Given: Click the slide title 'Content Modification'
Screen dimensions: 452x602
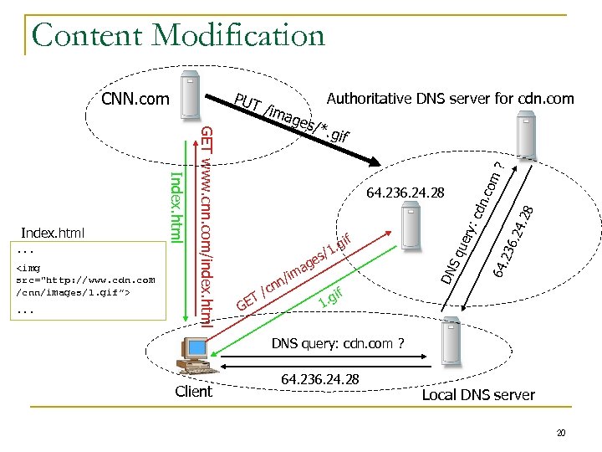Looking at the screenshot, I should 177,35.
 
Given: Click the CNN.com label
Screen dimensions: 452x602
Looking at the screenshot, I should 135,100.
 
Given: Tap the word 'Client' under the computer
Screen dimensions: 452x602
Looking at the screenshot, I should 193,392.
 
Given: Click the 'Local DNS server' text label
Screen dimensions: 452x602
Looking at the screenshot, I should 477,395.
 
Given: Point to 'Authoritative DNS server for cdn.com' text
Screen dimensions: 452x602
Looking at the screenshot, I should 450,99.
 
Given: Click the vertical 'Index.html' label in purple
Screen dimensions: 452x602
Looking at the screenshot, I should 176,205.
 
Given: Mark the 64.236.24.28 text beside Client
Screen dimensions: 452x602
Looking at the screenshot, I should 320,380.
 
